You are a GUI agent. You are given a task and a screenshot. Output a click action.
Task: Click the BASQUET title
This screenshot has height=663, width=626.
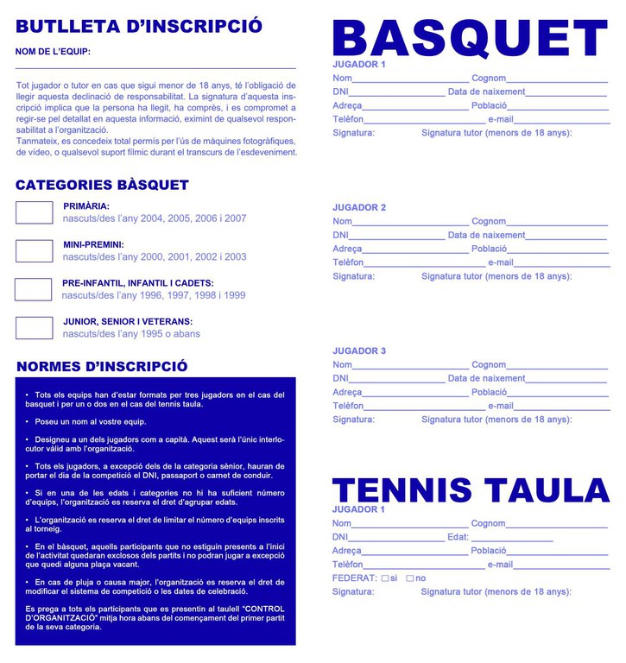coord(471,38)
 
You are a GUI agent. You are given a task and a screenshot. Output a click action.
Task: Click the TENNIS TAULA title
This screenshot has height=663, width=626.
coord(471,490)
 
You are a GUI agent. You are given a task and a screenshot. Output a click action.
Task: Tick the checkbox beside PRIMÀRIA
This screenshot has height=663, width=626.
coord(35,212)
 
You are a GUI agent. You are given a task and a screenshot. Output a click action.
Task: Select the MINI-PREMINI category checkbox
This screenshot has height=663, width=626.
coord(35,251)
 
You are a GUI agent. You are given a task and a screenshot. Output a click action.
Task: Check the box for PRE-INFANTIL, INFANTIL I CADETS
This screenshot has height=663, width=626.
coord(34,289)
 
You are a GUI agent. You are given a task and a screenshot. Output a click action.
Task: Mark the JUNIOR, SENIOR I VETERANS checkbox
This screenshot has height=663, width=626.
coord(35,328)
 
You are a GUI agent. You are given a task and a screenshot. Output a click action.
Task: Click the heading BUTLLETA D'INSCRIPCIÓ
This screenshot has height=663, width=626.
coord(139,26)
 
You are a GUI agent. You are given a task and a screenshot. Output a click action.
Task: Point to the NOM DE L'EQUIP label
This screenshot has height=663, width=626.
coord(53,52)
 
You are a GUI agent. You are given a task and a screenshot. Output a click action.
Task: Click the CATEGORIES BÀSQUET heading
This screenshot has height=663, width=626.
coord(102,185)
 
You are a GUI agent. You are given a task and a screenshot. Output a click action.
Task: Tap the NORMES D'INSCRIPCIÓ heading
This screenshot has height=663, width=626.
coord(102,367)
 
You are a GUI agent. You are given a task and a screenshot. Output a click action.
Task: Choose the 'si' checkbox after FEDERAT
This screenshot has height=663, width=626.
coord(385,578)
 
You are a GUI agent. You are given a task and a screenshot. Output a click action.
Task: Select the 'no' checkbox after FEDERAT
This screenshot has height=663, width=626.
coord(410,578)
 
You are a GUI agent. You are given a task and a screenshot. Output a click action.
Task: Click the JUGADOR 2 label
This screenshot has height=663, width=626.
coord(359,208)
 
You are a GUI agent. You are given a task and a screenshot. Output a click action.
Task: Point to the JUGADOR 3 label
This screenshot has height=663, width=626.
coord(359,351)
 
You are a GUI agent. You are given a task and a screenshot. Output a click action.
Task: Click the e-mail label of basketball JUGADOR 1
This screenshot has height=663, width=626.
coord(501,119)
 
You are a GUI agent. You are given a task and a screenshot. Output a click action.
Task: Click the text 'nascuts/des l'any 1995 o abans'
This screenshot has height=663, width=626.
coord(131,334)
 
